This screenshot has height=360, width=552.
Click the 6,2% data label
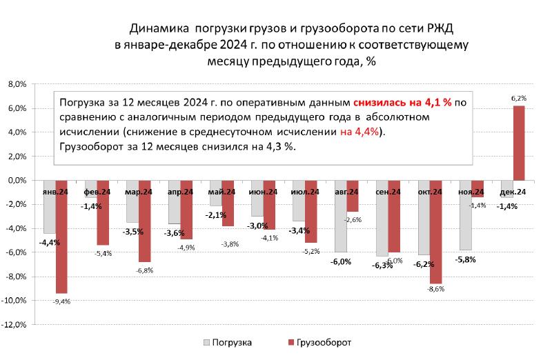pyautogui.click(x=518, y=99)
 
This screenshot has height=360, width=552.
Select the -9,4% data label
pyautogui.click(x=61, y=301)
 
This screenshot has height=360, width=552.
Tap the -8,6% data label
pyautogui.click(x=435, y=290)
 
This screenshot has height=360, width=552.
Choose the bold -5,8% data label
pyautogui.click(x=465, y=260)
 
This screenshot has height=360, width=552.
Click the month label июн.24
pyautogui.click(x=264, y=192)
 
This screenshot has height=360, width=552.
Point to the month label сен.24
pyautogui.click(x=388, y=192)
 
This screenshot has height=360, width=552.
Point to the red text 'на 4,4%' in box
pyautogui.click(x=359, y=132)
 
